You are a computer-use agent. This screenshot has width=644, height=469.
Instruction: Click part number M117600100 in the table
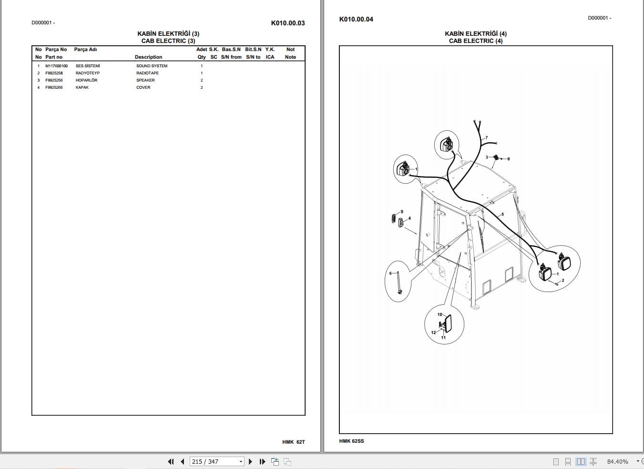coord(56,66)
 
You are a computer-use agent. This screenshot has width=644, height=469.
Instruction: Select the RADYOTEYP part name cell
coord(88,73)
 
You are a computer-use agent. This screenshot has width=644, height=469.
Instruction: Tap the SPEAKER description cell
coord(145,80)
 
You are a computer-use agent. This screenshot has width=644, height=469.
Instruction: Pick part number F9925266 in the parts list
coord(54,87)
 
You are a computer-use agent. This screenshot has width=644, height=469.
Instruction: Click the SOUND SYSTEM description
coord(152,66)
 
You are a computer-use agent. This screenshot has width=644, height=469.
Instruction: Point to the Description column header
coord(148,57)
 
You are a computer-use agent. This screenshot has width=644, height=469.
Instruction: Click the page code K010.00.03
coord(287,23)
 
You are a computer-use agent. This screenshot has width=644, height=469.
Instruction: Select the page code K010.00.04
coord(356,19)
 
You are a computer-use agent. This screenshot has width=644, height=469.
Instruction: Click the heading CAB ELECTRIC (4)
coord(475,41)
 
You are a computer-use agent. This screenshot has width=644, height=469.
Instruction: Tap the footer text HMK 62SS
coord(351,441)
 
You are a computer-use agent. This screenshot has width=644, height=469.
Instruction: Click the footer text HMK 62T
coord(293,442)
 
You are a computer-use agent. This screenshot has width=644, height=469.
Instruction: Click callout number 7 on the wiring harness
coord(486,138)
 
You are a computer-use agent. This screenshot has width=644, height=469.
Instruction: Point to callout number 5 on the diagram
coord(502,214)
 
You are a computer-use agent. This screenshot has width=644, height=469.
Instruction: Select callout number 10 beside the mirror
coord(440,314)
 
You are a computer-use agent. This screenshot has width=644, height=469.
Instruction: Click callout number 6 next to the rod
coord(390,273)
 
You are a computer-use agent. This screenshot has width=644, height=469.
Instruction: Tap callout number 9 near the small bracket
coord(402,212)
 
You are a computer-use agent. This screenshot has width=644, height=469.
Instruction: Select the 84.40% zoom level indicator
coord(617,461)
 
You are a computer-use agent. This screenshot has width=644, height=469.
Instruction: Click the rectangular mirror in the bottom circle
coord(448,323)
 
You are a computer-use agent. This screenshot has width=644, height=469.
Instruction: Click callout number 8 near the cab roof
coord(509,159)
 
